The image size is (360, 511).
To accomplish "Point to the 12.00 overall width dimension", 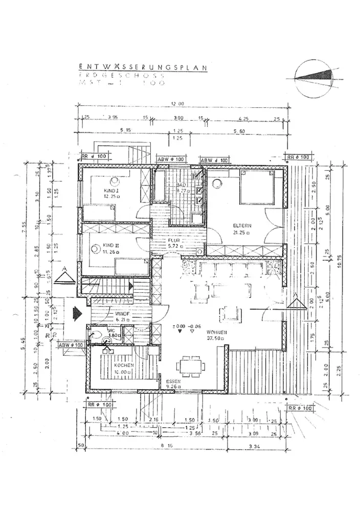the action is point(177,104).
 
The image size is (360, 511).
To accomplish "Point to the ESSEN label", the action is point(173,382).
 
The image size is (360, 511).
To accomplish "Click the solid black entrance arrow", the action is point(78,312).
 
